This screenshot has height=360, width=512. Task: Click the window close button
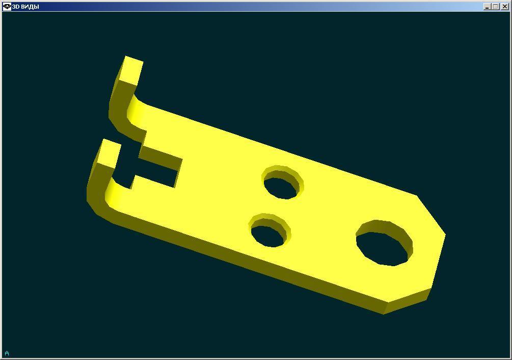504,7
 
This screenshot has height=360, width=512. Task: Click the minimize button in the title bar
487,7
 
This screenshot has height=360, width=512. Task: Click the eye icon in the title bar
7,6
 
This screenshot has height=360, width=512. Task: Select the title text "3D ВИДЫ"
25,7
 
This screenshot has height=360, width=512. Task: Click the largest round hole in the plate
384,243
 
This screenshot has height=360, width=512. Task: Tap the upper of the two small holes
283,182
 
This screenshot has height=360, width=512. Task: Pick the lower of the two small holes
270,230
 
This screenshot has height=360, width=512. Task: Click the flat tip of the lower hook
109,153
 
